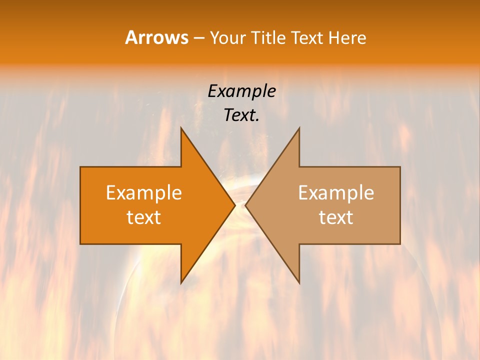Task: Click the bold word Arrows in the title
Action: coord(156,37)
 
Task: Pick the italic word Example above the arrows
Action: coord(241,91)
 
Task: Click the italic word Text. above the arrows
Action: coord(241,115)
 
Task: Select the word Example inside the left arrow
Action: coord(144,193)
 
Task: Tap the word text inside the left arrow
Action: coord(144,217)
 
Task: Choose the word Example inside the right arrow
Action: coord(336,193)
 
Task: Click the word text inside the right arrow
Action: coord(336,217)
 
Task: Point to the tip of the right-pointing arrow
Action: coord(234,205)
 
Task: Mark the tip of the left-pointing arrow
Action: coord(246,205)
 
